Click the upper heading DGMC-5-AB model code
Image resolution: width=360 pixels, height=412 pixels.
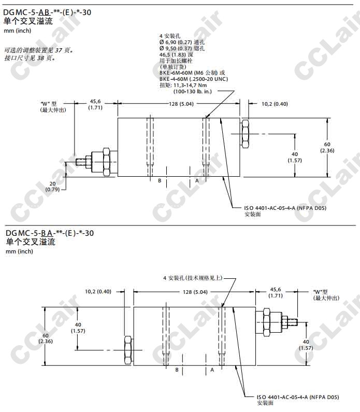coord(47,12)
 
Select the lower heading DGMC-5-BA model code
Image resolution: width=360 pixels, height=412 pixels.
coord(50,233)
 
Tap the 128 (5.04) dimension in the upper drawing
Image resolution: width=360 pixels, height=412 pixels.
coord(181,104)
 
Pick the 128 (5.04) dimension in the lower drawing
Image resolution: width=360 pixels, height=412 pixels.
coord(195,292)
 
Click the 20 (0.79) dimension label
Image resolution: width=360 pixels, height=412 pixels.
coord(52,187)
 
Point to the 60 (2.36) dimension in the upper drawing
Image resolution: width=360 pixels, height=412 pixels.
coord(327,147)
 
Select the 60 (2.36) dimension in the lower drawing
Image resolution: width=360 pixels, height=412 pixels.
coord(46,338)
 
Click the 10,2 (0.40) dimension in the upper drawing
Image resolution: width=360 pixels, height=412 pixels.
coord(275,104)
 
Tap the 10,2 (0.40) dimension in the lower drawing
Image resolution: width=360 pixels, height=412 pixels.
coord(98,292)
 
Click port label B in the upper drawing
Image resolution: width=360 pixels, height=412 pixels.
coord(160,181)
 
